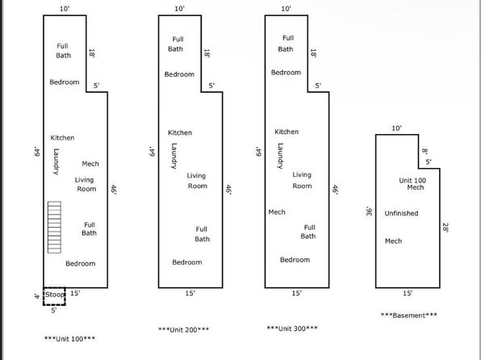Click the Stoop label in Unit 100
55,295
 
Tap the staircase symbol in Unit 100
54,227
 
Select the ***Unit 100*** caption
69,339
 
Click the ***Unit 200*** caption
183,329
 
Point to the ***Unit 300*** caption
292,329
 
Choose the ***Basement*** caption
409,315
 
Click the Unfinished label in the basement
401,213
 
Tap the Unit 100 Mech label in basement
412,184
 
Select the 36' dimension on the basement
370,211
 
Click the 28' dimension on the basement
445,228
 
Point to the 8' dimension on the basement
425,151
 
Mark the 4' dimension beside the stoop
37,296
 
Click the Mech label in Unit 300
277,212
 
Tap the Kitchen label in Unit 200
180,132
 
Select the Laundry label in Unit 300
280,156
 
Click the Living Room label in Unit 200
197,181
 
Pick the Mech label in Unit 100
90,164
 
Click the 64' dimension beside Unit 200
153,152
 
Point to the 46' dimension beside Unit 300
335,190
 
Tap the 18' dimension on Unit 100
91,53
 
